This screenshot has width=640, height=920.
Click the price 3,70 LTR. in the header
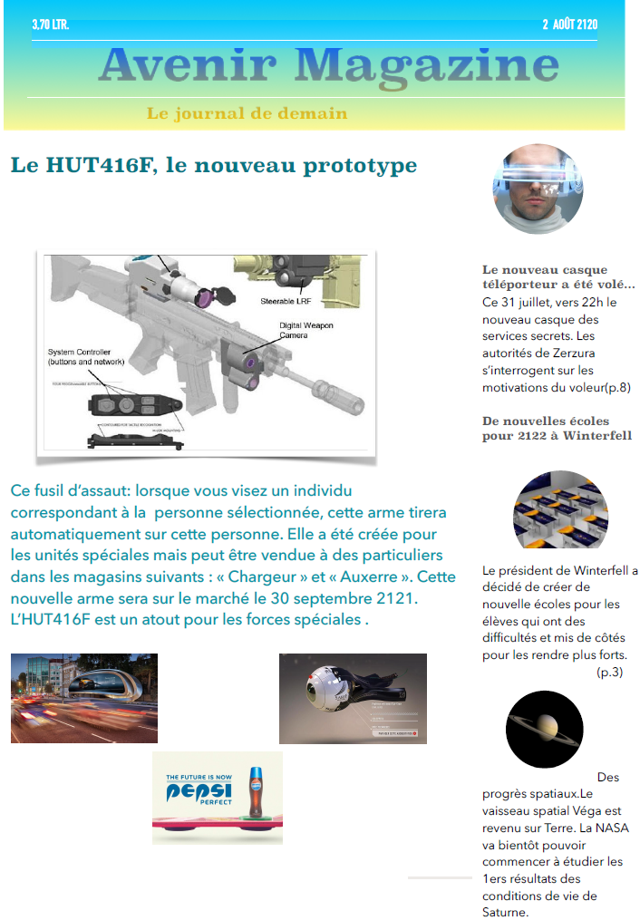click(x=50, y=24)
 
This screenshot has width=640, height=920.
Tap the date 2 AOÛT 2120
click(x=569, y=24)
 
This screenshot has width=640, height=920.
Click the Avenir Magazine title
click(x=328, y=65)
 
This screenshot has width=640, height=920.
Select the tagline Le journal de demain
click(x=247, y=114)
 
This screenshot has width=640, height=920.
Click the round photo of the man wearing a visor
click(x=538, y=189)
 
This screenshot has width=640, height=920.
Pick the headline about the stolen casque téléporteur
click(x=558, y=277)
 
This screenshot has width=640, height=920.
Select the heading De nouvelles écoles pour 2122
click(x=557, y=428)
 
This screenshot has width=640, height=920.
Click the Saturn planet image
click(x=544, y=730)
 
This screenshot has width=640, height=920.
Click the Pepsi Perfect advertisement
click(x=218, y=798)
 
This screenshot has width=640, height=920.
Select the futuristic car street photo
click(x=84, y=698)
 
